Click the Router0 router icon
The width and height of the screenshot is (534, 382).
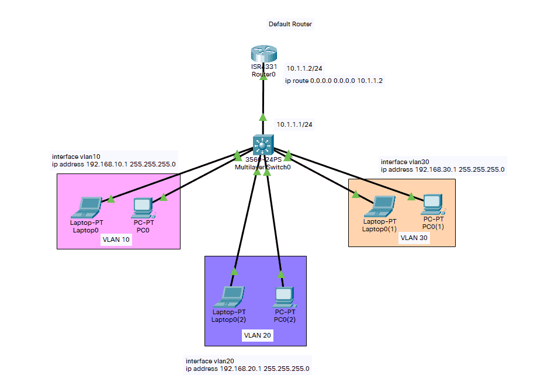coord(263,55)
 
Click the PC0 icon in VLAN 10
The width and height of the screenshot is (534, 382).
coord(143,206)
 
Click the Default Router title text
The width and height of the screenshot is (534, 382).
coord(290,25)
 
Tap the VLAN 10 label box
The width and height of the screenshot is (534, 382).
coord(116,241)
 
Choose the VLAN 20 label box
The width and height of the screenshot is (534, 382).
coord(258,336)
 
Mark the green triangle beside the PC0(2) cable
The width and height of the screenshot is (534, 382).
coord(281,273)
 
